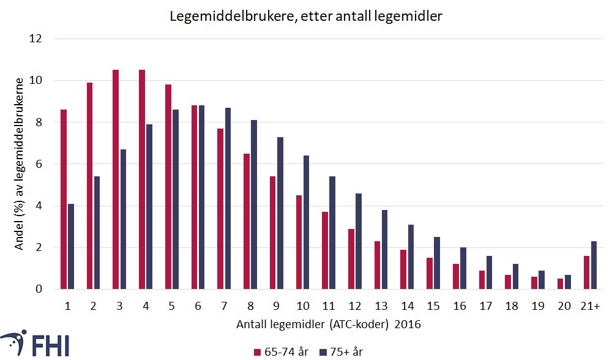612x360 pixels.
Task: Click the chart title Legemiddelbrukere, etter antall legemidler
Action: click(305, 17)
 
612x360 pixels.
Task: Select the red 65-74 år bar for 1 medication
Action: click(64, 200)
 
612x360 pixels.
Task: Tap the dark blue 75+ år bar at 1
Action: click(71, 246)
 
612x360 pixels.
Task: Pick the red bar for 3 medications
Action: click(116, 179)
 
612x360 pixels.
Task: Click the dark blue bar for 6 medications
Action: click(201, 197)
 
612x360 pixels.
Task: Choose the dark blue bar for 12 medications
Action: click(359, 241)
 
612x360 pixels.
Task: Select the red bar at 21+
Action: click(586, 272)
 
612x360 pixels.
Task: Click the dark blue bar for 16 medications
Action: click(463, 268)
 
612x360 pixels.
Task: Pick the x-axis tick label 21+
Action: click(590, 306)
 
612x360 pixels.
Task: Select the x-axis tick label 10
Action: click(302, 306)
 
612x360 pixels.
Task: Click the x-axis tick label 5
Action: click(171, 306)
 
